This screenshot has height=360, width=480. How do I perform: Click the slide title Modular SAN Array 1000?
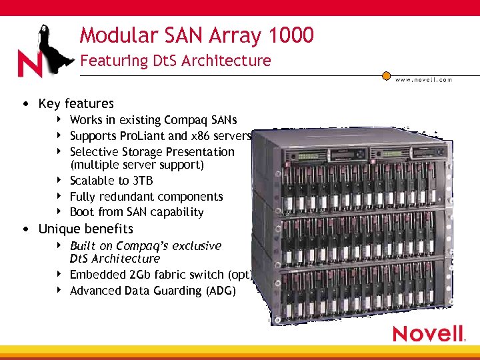pos(197,35)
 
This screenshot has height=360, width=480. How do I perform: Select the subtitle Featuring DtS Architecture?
pos(175,61)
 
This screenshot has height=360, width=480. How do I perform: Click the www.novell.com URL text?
pos(424,79)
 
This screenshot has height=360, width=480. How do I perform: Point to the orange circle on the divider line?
pos(386,75)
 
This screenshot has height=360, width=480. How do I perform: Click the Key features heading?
pos(76,103)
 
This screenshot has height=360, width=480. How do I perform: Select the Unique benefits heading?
pos(85,229)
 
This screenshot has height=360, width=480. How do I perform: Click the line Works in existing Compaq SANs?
pos(153,120)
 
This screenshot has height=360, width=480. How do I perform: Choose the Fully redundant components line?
pos(146,197)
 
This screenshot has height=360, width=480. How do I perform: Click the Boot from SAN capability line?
pos(137,212)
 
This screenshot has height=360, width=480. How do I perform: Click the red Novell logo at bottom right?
pos(428,333)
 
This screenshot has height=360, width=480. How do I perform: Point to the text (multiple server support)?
pos(137,165)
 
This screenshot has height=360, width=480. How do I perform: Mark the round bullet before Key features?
pos(25,104)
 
